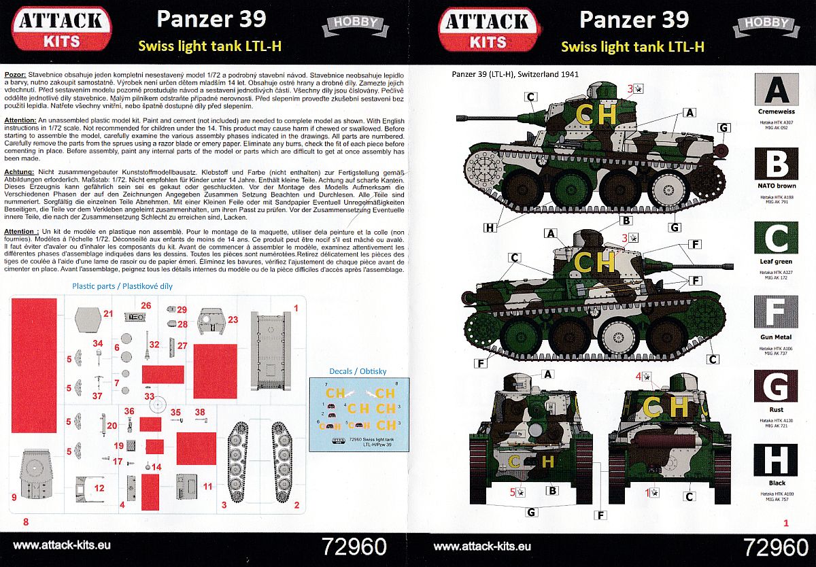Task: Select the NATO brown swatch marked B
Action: coord(775,164)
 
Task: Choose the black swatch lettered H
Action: coord(775,459)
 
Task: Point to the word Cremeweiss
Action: coord(775,110)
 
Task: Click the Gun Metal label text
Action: coord(776,337)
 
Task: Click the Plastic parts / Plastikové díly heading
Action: coord(122,286)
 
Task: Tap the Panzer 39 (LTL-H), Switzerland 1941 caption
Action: coord(515,74)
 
